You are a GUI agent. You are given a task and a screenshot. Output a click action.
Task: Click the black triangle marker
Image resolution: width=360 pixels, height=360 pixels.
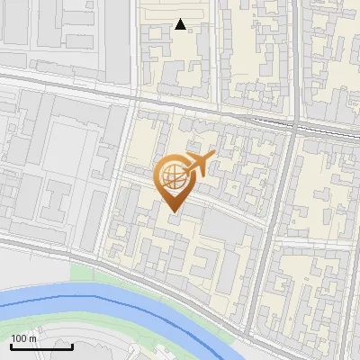tap(181, 24)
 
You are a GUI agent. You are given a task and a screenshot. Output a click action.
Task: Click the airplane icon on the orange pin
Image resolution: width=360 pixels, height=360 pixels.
tap(197, 165)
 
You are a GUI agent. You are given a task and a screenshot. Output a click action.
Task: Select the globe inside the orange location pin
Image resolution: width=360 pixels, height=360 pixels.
tap(172, 179)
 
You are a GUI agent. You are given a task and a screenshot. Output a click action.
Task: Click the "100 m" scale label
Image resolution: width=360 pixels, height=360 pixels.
tap(23, 338)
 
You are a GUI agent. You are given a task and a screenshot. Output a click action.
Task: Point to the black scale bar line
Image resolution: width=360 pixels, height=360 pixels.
tap(40, 347)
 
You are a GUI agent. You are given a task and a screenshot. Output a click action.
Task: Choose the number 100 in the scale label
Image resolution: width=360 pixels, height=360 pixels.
tap(19, 338)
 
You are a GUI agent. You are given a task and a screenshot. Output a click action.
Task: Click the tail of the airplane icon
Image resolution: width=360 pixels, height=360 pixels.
tap(185, 166)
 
